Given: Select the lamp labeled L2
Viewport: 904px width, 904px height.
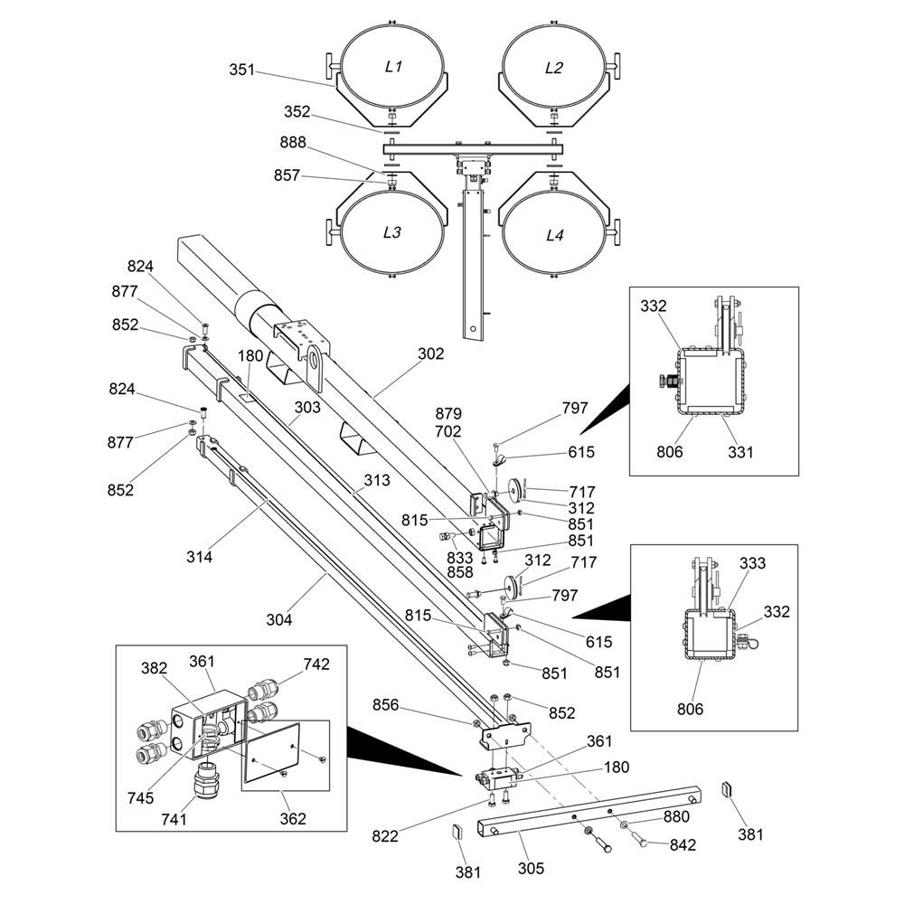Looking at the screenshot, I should coord(554,67).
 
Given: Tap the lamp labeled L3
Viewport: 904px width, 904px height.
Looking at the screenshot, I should coord(391,231).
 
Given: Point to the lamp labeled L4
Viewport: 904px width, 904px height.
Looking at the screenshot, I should coord(554,235).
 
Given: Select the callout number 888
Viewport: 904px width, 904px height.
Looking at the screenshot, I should coord(293,142).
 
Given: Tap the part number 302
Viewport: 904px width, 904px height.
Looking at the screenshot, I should coord(431,353).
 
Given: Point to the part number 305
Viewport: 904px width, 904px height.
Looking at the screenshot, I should coord(532,869).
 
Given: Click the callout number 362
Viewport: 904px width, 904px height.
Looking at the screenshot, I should coord(293,819).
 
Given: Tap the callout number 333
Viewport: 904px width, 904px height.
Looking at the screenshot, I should coord(752,563).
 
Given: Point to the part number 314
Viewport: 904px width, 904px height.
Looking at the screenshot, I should coord(199,557).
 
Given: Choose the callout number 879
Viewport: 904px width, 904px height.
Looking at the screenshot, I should coord(448,415).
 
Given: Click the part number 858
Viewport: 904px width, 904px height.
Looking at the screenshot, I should coord(459,574).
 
